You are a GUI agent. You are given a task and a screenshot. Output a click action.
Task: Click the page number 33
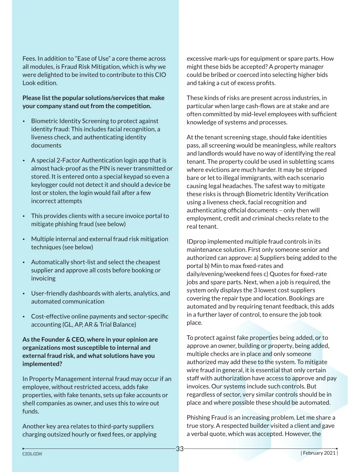tap(180, 448)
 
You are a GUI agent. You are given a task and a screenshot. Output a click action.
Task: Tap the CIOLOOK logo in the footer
tap(32, 454)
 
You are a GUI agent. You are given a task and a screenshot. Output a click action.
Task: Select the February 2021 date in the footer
tap(319, 453)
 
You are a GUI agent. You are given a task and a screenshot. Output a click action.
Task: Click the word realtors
tap(326, 145)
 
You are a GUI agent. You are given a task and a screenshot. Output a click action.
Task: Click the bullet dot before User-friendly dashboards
tap(24, 294)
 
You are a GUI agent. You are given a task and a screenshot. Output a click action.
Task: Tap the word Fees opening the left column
tap(29, 59)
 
